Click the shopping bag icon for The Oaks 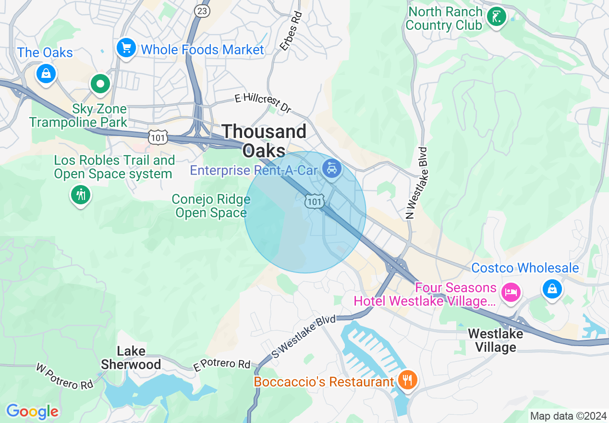pyautogui.click(x=46, y=74)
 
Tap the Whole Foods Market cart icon pyautogui.click(x=126, y=48)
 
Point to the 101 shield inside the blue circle pyautogui.click(x=314, y=202)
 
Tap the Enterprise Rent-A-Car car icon pyautogui.click(x=332, y=168)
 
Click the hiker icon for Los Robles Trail pyautogui.click(x=81, y=195)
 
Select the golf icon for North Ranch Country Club pyautogui.click(x=496, y=17)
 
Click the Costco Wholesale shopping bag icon pyautogui.click(x=552, y=289)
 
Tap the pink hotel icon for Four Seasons pyautogui.click(x=511, y=292)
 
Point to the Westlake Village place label pyautogui.click(x=492, y=340)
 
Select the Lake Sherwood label pyautogui.click(x=131, y=358)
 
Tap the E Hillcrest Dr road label pyautogui.click(x=263, y=103)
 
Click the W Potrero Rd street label pyautogui.click(x=64, y=376)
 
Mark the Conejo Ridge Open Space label pyautogui.click(x=211, y=206)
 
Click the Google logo pyautogui.click(x=33, y=411)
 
